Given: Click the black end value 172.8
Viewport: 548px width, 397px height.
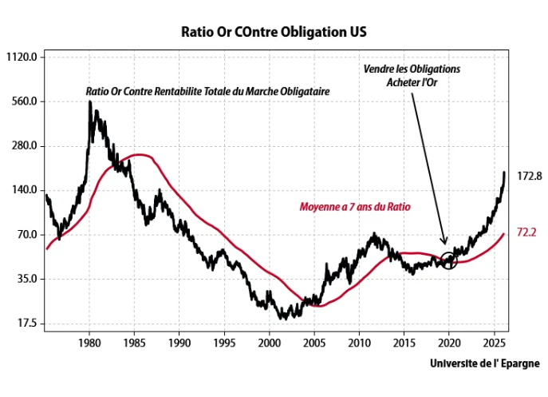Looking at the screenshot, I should click(530, 175).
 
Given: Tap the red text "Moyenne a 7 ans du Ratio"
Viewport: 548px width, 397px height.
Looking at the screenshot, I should click(354, 206).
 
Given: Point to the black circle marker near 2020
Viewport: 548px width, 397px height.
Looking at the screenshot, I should click(448, 260).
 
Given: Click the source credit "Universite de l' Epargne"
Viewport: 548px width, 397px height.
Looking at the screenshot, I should click(484, 363).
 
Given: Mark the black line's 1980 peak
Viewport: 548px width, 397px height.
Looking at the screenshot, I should click(90, 102).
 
